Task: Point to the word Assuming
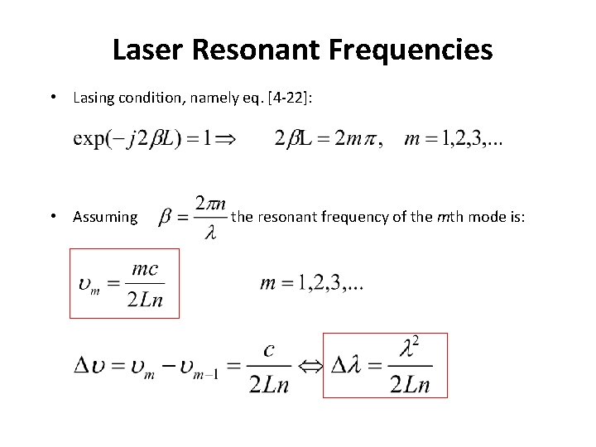click(x=105, y=217)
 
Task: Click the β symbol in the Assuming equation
click(x=166, y=217)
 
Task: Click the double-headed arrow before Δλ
click(x=310, y=366)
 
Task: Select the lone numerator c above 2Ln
click(x=268, y=350)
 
